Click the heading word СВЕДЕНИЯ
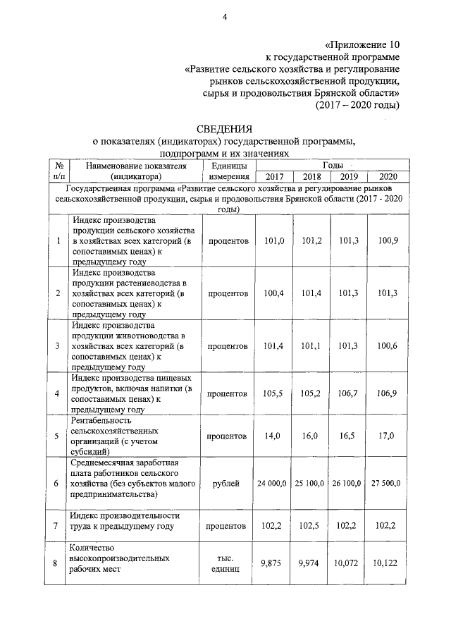(224, 128)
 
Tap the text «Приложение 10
(363, 43)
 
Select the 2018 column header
(311, 176)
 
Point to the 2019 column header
(349, 176)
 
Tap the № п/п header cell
(58, 171)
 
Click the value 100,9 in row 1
(388, 241)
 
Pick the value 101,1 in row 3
(311, 345)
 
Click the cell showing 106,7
(349, 393)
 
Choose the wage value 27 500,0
(388, 483)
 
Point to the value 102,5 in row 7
(311, 525)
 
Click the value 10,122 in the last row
(388, 563)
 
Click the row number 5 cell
(58, 436)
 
